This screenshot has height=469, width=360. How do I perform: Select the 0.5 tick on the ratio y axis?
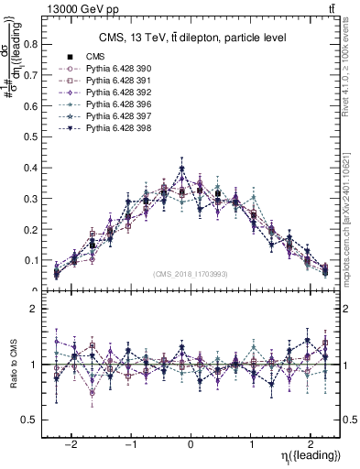point(31,420)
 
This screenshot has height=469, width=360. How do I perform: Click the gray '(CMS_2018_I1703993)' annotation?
point(191,274)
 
